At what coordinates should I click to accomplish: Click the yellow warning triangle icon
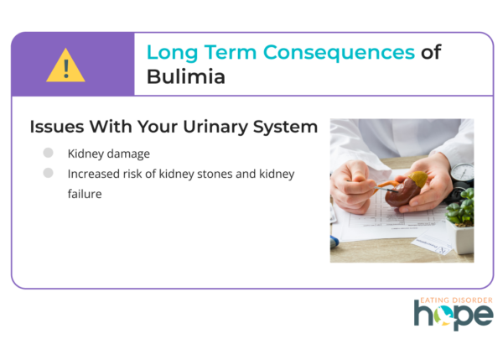tap(65, 65)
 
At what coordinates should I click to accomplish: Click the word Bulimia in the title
tap(186, 76)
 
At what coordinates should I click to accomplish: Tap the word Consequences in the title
tap(339, 52)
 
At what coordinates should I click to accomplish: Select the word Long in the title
tap(172, 52)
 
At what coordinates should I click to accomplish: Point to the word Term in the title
tap(231, 52)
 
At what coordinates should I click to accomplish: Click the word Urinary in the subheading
tap(215, 127)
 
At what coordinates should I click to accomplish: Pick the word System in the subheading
tap(285, 127)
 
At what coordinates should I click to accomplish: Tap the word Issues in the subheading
tap(57, 126)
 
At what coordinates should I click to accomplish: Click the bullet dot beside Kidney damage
tap(48, 153)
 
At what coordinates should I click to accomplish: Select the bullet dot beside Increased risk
tap(48, 173)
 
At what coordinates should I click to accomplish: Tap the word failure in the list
tap(85, 194)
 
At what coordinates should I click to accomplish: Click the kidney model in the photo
tap(405, 189)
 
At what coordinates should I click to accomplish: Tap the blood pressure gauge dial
tap(464, 172)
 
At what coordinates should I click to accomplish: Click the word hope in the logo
tap(454, 316)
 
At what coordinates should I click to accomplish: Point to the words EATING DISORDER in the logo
tap(456, 300)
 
